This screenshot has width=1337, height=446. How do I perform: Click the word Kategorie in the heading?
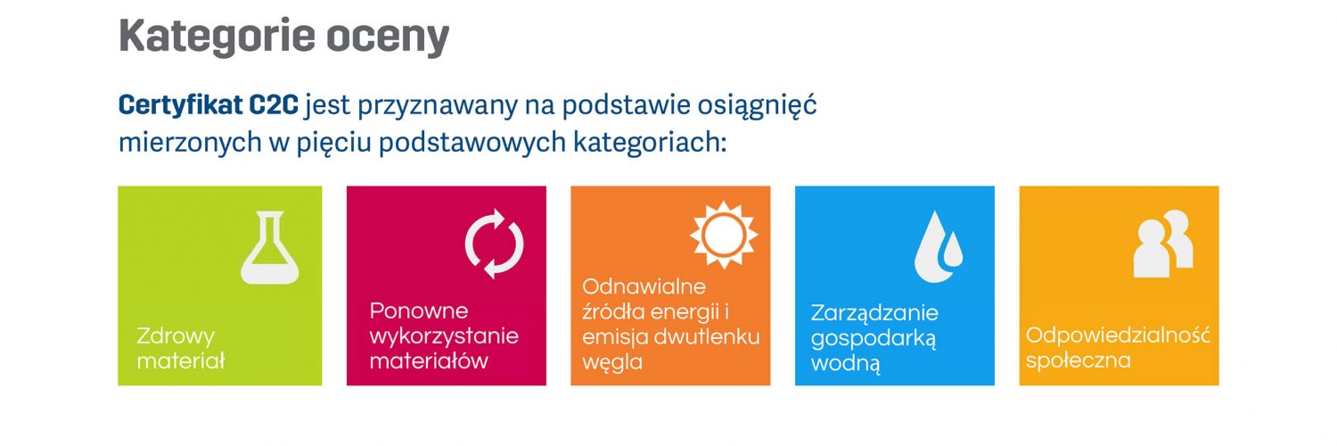tap(217, 37)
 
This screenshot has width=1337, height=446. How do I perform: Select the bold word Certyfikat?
tap(180, 105)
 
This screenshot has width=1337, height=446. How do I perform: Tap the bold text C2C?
tap(274, 104)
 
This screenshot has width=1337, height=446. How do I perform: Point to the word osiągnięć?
tap(757, 105)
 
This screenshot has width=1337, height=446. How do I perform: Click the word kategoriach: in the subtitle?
tap(650, 143)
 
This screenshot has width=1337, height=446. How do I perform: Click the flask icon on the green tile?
tap(270, 247)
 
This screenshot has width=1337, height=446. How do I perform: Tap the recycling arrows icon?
tap(494, 244)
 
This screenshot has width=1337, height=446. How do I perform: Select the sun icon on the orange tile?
tap(724, 234)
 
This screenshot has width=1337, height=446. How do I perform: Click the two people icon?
tap(1163, 244)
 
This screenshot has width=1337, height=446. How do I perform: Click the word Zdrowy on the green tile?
tap(176, 336)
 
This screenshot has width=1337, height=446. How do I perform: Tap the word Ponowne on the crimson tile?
tap(419, 310)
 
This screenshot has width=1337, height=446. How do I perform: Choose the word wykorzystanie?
tap(444, 336)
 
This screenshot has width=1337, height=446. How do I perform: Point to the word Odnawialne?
tap(644, 286)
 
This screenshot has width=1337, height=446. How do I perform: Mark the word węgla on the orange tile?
tap(612, 362)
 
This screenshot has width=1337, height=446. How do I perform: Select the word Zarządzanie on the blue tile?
tap(874, 313)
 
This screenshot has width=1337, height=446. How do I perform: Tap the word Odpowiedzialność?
tap(1118, 334)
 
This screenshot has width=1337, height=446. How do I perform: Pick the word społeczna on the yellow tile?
tap(1078, 360)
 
